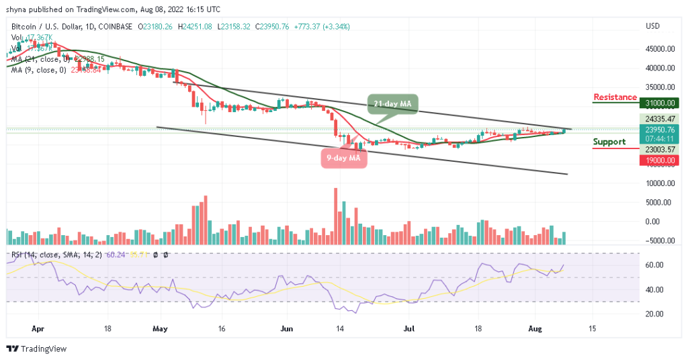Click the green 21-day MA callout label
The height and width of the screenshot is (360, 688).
coord(393,103)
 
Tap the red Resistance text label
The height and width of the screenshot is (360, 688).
coord(615,97)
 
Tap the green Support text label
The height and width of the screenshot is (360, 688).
coord(609,142)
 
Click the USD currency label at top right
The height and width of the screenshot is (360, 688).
coord(653,26)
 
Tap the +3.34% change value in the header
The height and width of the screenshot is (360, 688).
coord(336,27)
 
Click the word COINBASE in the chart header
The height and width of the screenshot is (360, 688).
coord(115,27)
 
